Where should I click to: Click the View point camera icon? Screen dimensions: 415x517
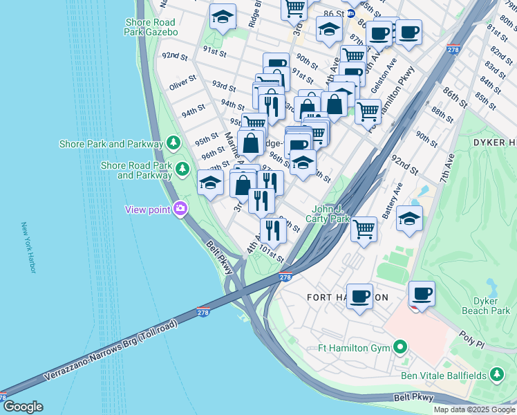pos(180,208)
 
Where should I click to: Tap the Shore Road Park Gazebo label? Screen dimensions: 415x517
pos(152,27)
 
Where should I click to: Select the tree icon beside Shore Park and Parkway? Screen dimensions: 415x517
pos(173,144)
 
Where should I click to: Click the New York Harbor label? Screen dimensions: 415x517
pos(28,247)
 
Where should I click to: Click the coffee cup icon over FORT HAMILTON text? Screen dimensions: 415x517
pos(359,295)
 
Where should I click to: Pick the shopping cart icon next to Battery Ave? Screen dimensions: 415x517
pos(364,228)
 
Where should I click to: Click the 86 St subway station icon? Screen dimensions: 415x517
pos(350,13)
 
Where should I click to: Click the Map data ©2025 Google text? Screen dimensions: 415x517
pos(473,409)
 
